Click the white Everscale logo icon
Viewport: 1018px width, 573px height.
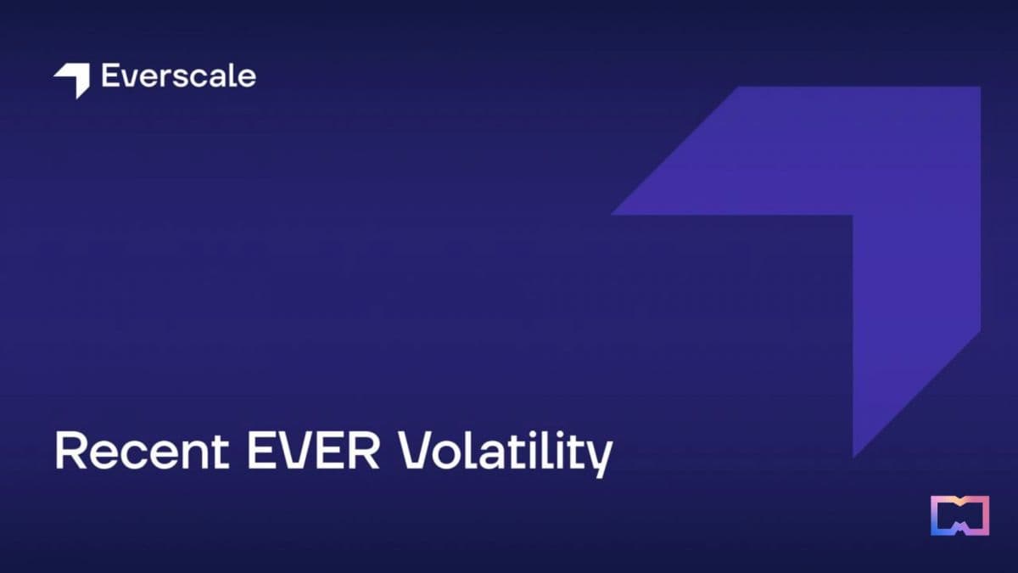pos(72,79)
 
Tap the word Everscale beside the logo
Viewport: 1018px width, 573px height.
pos(178,76)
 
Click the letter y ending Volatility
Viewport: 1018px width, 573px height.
pos(599,458)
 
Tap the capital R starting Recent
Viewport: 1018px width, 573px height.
pos(69,452)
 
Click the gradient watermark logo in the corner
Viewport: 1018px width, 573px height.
pos(959,515)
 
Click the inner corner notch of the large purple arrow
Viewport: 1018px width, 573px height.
pos(852,216)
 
